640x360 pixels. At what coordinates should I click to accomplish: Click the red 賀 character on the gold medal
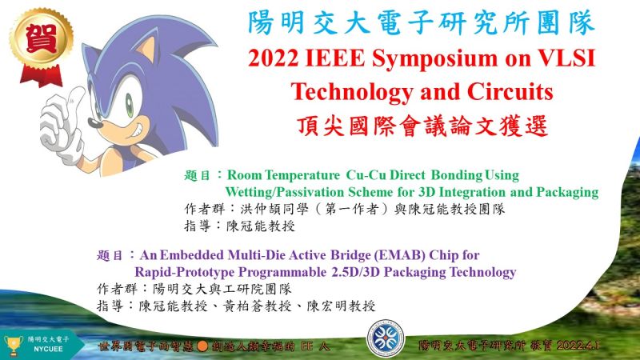pos(42,38)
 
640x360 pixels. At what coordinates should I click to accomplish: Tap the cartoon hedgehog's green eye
pos(130,106)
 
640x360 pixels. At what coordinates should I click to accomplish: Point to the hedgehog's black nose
pos(94,123)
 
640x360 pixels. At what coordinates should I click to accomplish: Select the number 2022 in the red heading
pos(273,58)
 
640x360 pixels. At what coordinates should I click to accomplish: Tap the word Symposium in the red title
pos(434,59)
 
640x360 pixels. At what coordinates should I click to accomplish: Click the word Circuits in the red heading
pos(510,91)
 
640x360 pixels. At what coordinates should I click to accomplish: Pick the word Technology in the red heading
pos(352,93)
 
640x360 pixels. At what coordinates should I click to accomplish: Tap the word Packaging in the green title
pos(567,192)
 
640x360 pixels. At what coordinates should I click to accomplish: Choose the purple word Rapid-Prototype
pos(185,272)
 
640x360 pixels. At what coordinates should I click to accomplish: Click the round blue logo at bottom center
pos(386,338)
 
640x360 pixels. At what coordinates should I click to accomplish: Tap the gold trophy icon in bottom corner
pos(13,346)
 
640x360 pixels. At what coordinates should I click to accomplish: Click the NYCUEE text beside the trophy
pos(48,350)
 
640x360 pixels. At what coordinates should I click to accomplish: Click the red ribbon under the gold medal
pos(42,76)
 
